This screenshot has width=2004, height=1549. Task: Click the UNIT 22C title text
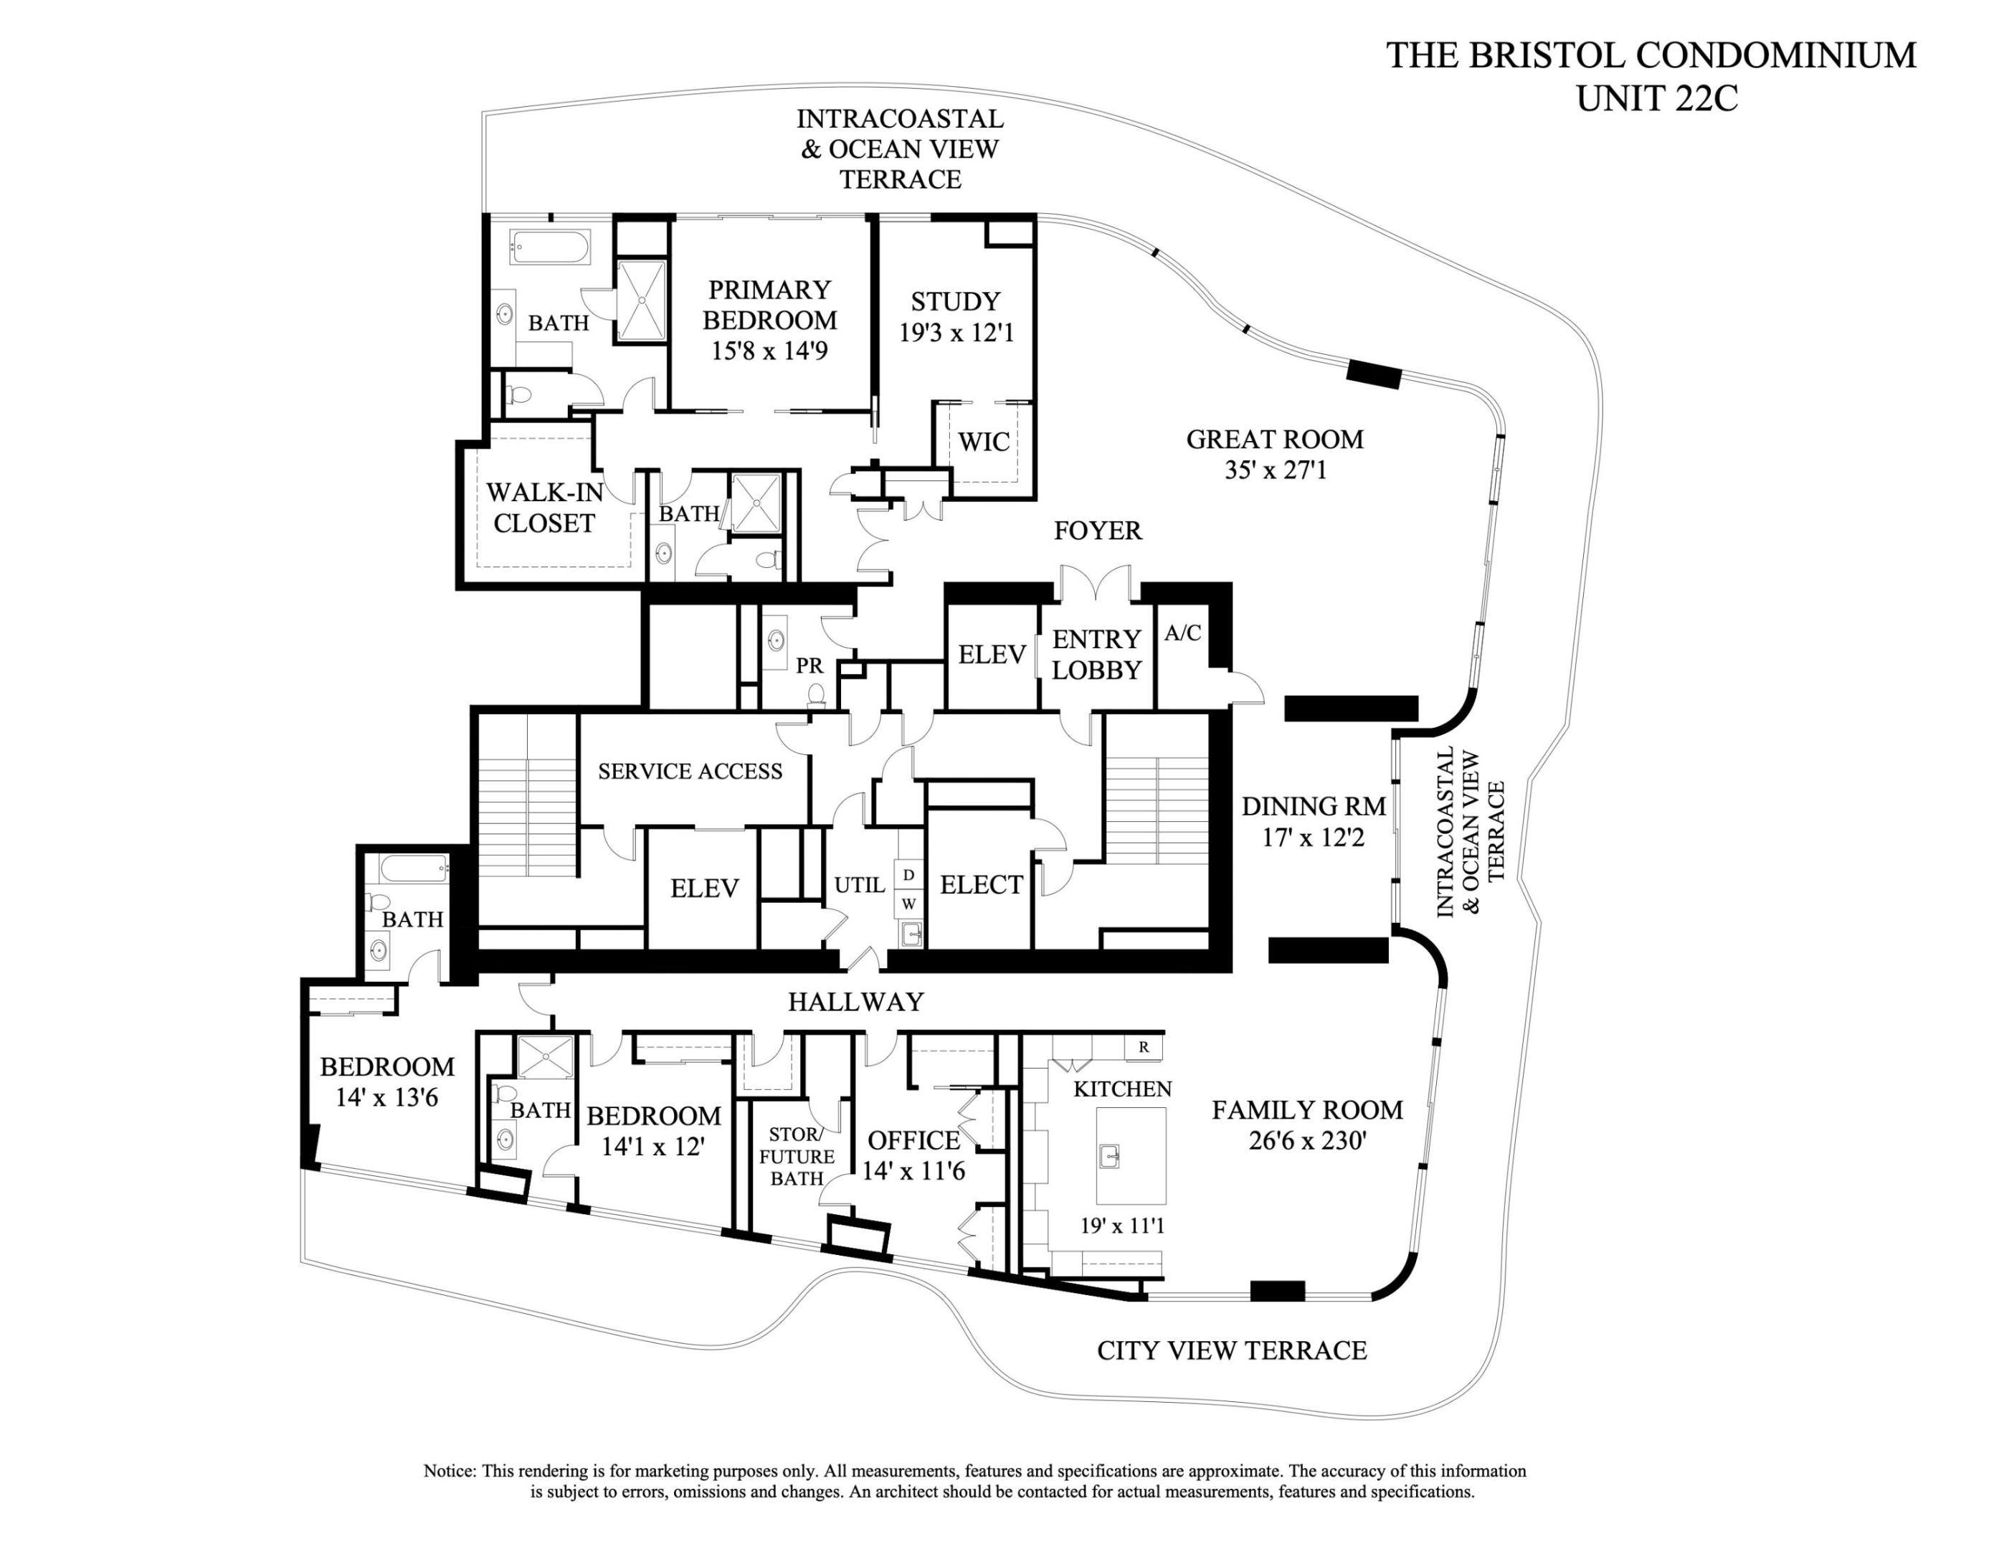click(1656, 98)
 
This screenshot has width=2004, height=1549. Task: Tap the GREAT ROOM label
click(1275, 440)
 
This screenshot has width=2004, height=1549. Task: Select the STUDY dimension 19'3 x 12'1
click(956, 332)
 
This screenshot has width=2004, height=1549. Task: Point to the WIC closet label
click(984, 442)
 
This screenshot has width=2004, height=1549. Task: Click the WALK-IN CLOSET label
click(544, 508)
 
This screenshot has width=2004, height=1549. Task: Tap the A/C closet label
click(1183, 633)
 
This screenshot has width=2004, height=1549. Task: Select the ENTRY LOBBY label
click(1096, 654)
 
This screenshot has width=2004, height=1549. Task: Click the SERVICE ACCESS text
click(690, 772)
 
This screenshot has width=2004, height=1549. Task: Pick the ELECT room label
click(981, 885)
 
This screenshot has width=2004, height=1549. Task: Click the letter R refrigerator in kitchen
click(1144, 1047)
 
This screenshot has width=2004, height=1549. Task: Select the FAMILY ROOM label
click(1306, 1110)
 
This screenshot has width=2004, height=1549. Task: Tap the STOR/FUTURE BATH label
click(797, 1157)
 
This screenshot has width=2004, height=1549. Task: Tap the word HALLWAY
click(855, 1002)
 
